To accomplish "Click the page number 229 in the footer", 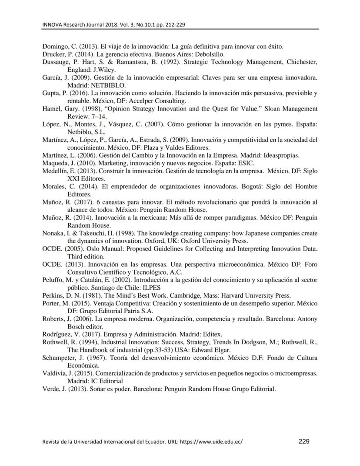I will pos(304,442).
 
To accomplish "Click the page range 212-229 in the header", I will pos(175,24).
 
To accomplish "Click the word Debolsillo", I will pos(210,54).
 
